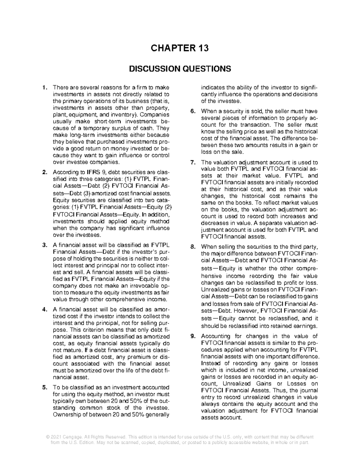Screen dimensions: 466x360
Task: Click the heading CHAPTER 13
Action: [180, 48]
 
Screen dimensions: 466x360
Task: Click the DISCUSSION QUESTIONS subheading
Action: [180, 69]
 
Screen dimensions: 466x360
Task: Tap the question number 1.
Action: [45, 88]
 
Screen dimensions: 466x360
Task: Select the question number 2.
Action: [45, 172]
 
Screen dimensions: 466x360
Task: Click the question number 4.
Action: [45, 309]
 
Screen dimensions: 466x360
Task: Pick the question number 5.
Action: [45, 387]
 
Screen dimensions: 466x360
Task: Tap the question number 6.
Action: [193, 111]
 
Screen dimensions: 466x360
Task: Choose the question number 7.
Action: [193, 162]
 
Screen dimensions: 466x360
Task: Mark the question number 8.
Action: [193, 247]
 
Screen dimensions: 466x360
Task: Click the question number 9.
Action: [193, 336]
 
